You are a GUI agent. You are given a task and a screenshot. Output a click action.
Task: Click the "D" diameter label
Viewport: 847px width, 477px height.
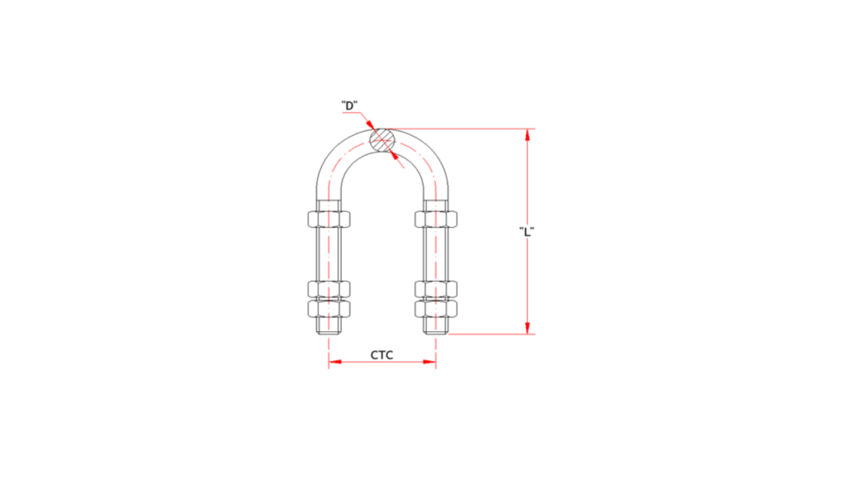pos(349,106)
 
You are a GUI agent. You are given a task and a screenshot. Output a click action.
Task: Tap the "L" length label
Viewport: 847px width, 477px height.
pos(526,231)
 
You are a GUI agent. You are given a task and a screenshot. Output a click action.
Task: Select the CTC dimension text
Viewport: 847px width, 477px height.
pos(381,355)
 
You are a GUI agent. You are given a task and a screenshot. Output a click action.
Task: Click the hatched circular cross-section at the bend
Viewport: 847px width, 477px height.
pos(382,141)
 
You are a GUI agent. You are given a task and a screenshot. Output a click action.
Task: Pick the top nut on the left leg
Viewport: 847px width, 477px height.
pos(328,220)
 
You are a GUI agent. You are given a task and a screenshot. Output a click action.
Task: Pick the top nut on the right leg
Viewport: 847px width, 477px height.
pos(436,220)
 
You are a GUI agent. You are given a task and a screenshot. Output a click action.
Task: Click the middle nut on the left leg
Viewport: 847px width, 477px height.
pos(328,289)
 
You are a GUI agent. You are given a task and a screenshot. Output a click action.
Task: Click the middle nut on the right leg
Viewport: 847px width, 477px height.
pos(436,289)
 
